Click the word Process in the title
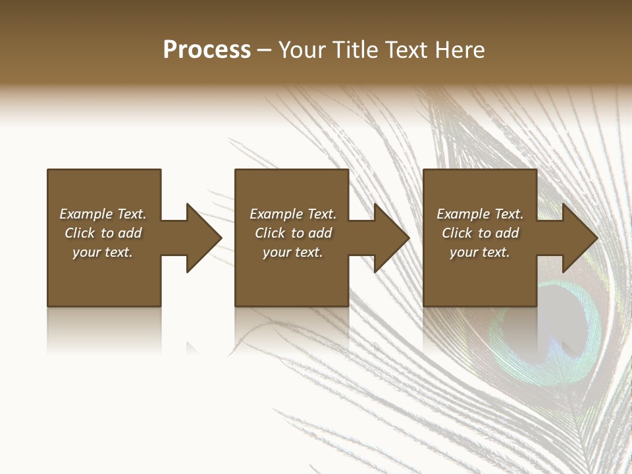pos(207,50)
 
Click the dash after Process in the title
pos(264,51)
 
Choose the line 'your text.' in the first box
pos(103,252)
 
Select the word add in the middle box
pos(320,233)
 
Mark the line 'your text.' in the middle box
pos(292,252)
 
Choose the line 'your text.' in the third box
pos(479,252)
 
